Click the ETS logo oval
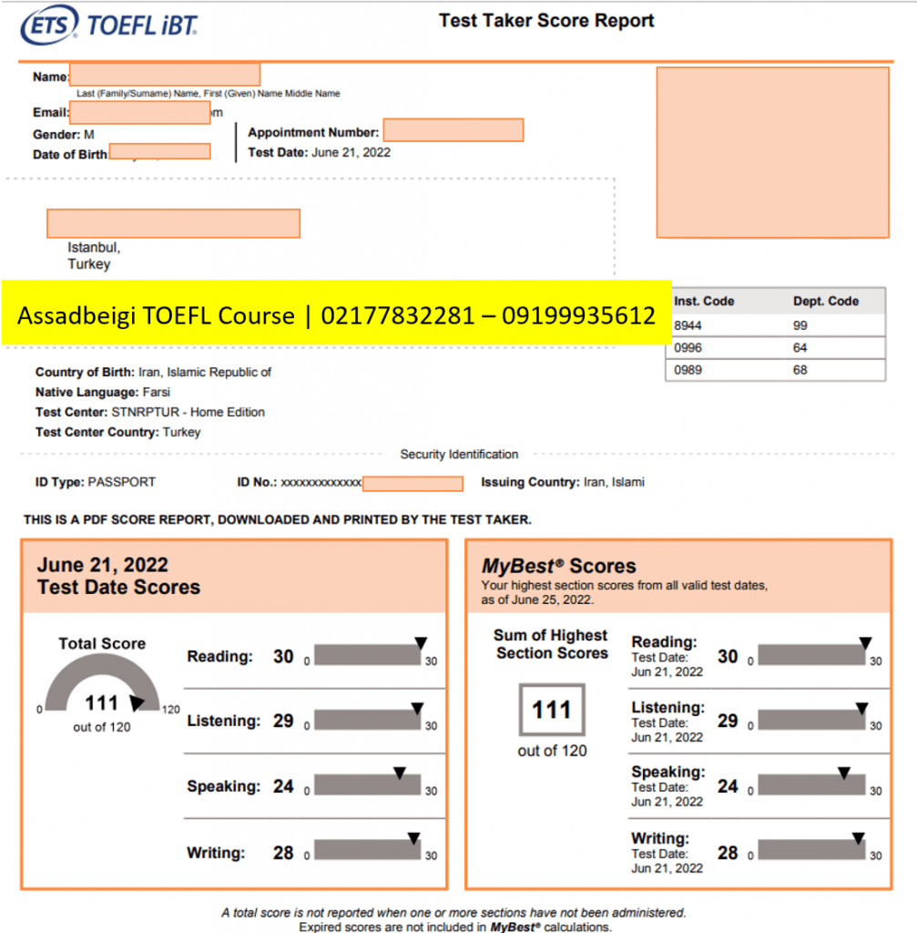51,25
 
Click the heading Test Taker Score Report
546,20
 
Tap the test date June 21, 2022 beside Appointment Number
351,152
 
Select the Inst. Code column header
704,301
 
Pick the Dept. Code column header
826,301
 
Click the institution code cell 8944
688,325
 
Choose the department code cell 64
800,347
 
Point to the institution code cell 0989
688,370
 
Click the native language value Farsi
157,392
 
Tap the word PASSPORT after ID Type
122,482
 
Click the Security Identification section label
459,454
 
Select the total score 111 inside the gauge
102,702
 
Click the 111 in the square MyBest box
552,710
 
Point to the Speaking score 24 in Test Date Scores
283,786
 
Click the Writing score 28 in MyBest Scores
728,853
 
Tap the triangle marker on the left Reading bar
420,642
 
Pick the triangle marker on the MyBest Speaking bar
843,773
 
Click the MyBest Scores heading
558,566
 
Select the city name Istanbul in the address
93,247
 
